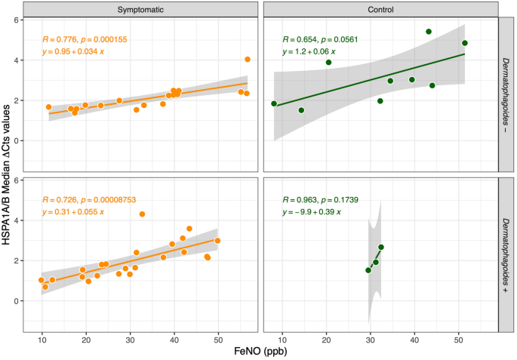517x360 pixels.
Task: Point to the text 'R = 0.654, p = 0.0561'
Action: tap(320, 39)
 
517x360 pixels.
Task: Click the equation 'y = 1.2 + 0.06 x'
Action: tap(309, 52)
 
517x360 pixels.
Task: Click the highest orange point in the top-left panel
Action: tap(248, 60)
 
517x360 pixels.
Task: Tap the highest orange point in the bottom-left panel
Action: tap(141, 214)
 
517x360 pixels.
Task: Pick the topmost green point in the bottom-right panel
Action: tap(381, 248)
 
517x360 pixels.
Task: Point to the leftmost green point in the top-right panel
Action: tap(274, 103)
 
